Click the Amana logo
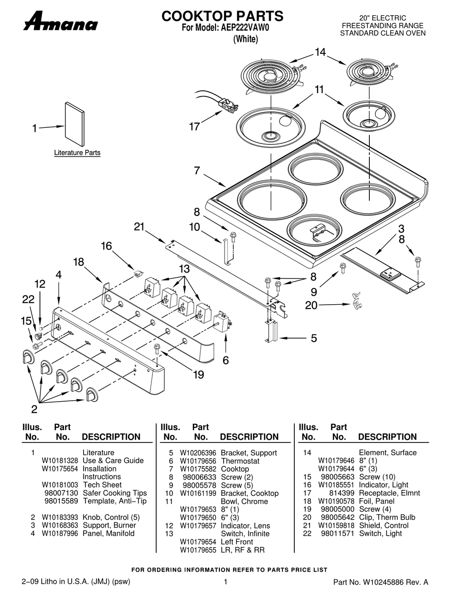61,21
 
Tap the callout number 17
194,127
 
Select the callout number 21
138,227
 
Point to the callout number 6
225,360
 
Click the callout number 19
198,375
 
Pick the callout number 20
311,305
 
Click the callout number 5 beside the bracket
314,338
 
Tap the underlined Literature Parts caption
77,153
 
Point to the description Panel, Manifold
109,533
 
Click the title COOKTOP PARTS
222,16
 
